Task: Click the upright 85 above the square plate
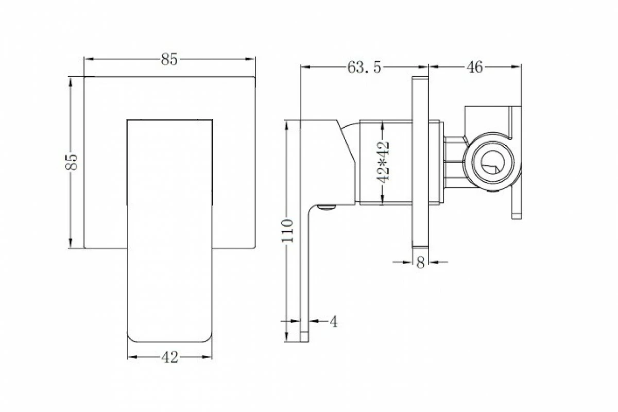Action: [x=169, y=59]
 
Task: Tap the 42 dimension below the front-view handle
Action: [x=169, y=357]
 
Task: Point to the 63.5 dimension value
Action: [x=364, y=67]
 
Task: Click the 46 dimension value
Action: [x=474, y=67]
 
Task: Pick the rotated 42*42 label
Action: [x=383, y=162]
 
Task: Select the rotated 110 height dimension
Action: [x=288, y=230]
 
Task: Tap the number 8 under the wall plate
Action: [x=420, y=263]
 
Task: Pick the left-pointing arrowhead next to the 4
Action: [x=313, y=321]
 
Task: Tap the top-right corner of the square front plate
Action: [x=255, y=78]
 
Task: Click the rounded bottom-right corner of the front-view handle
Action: [x=209, y=339]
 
